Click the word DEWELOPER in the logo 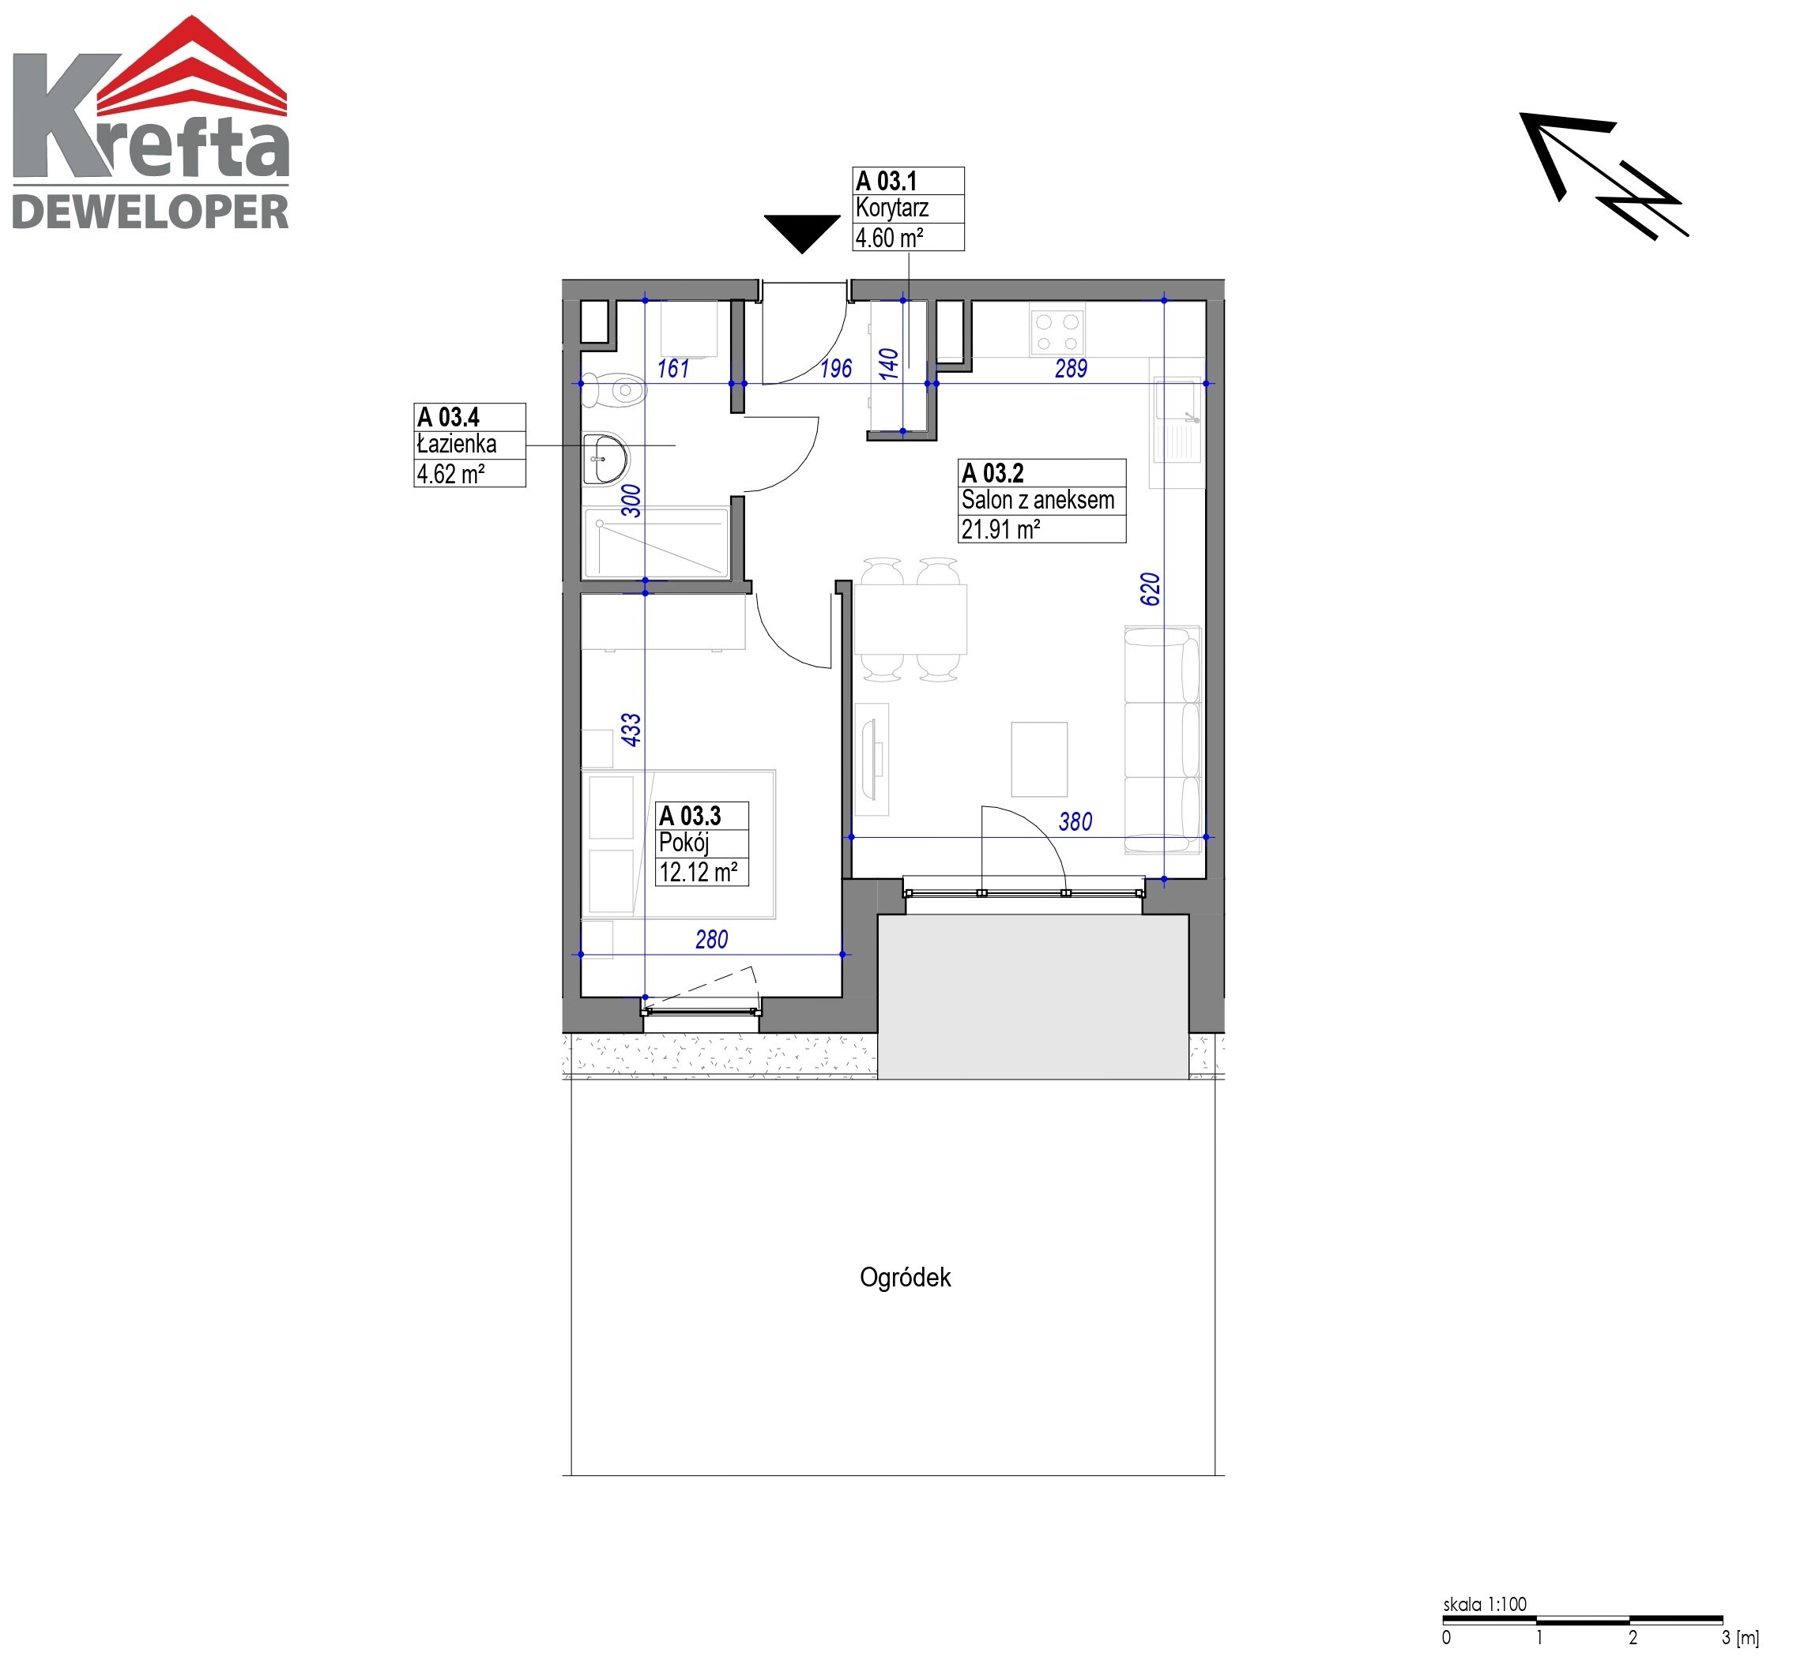[149, 212]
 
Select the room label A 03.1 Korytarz [908, 208]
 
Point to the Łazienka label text [456, 444]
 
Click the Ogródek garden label [905, 1277]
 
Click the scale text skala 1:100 [1484, 1603]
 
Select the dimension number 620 [1150, 589]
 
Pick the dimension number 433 [631, 730]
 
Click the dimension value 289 [1071, 368]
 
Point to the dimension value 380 [1075, 821]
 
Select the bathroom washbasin [604, 459]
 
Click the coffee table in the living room [1039, 760]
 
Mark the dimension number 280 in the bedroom [712, 939]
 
